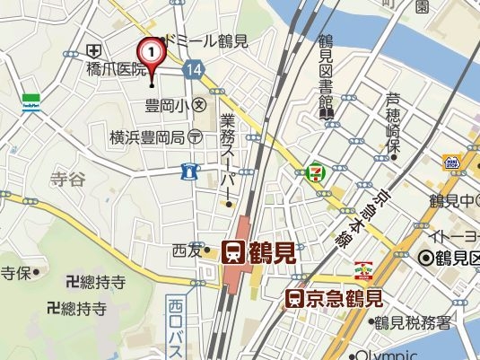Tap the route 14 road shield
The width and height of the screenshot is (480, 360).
[x=193, y=68]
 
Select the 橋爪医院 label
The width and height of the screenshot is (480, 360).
[x=116, y=68]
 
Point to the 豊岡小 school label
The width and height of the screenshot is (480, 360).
[x=166, y=105]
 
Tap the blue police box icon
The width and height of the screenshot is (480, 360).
[x=189, y=170]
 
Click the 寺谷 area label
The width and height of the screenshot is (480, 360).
[x=67, y=180]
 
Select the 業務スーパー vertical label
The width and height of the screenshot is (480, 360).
[x=228, y=156]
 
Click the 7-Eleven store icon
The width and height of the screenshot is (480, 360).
[x=316, y=171]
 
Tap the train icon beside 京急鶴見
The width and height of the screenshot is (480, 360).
[x=293, y=299]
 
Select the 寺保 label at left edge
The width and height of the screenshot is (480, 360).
[x=15, y=273]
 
